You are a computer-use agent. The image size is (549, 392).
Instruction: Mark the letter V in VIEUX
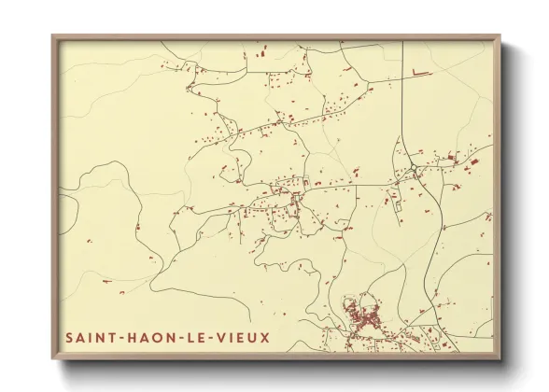point(231,336)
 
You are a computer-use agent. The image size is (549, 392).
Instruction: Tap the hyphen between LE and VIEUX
point(221,336)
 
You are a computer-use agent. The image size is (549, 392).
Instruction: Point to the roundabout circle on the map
point(413,169)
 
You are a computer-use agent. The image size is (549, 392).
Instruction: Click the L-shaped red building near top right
point(418,72)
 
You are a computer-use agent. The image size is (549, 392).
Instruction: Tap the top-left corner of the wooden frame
point(53,37)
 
